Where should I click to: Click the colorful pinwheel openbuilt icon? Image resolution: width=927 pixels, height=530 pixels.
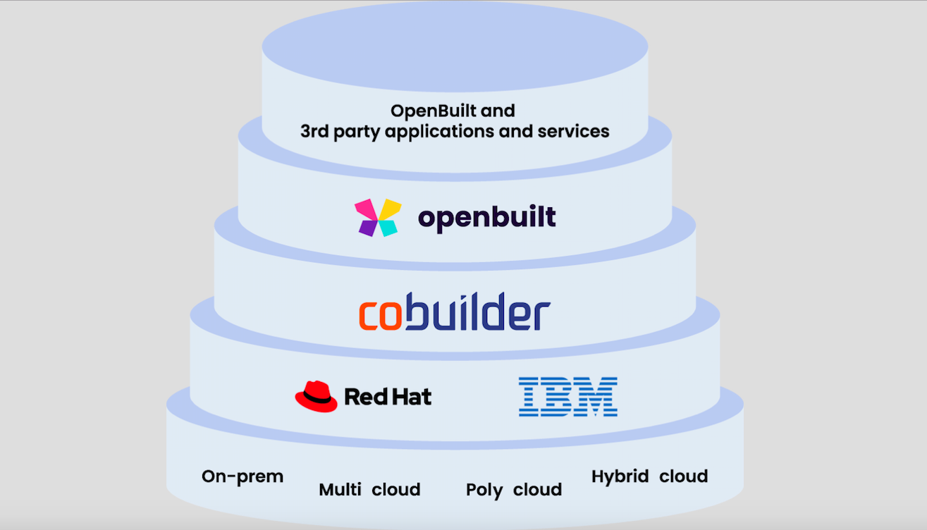[x=378, y=216]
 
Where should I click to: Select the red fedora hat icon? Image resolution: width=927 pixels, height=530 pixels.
[x=316, y=396]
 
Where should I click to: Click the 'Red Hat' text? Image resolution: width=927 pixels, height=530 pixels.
[x=388, y=397]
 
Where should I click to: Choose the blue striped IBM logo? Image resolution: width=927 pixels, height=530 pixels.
[x=567, y=396]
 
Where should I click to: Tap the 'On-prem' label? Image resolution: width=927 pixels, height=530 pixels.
[x=243, y=477]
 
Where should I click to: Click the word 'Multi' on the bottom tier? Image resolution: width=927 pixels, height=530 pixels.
[x=342, y=489]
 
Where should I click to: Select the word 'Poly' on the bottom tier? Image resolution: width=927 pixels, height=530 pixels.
[x=485, y=490]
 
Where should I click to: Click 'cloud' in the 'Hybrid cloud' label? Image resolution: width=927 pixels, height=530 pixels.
[x=683, y=476]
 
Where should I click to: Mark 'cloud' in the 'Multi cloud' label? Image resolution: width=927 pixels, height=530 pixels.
[x=396, y=489]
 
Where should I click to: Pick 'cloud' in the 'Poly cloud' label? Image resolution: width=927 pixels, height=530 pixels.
[x=537, y=490]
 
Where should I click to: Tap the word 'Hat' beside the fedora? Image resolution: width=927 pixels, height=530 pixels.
[x=412, y=397]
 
